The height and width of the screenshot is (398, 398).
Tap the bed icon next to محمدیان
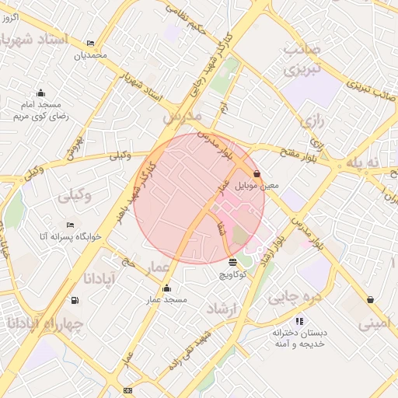91,44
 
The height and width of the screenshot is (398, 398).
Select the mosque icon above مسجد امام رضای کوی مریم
40,93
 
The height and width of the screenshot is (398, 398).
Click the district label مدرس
182,116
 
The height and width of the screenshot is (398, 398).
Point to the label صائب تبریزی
301,60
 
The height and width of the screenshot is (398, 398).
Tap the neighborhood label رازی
312,121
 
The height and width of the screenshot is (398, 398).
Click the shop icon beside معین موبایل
257,175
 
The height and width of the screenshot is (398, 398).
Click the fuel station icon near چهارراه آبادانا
75,300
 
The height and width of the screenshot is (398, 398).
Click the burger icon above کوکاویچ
233,262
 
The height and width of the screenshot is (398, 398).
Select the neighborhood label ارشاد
221,309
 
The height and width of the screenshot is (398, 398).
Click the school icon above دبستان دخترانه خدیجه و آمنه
299,320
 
